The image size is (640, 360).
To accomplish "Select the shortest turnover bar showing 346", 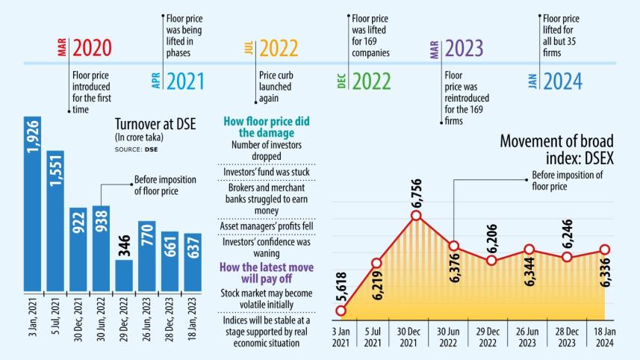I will pyautogui.click(x=124, y=274).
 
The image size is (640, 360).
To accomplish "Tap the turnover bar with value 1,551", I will pyautogui.click(x=55, y=220).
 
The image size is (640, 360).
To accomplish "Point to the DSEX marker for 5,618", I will pyautogui.click(x=341, y=310).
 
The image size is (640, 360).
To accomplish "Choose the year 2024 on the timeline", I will pyautogui.click(x=562, y=81).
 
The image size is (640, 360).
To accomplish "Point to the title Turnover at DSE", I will pyautogui.click(x=155, y=124).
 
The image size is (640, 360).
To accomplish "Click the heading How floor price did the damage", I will pyautogui.click(x=267, y=127).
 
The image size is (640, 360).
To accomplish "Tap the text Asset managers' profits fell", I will pyautogui.click(x=267, y=226).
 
